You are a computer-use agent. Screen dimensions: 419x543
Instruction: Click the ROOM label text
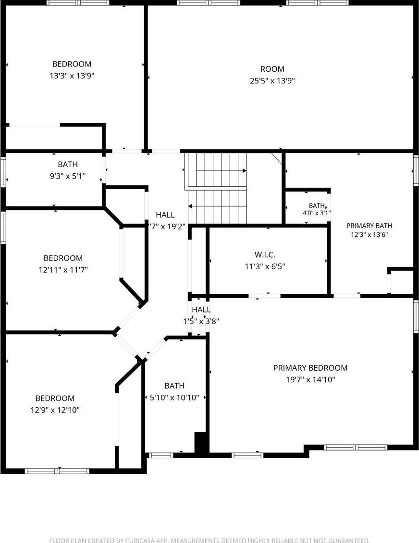[x=272, y=69]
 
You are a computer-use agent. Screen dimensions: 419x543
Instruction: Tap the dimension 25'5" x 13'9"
[x=272, y=81]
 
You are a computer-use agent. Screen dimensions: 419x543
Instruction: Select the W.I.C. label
[x=265, y=255]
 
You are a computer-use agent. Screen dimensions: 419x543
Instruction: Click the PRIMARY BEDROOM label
[x=310, y=368]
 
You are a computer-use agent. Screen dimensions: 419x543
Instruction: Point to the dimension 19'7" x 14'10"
[x=310, y=379]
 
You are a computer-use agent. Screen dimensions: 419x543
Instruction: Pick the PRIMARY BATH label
[x=369, y=226]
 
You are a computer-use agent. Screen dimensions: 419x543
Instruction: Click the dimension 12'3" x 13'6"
[x=369, y=235]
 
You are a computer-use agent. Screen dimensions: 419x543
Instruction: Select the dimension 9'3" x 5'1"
[x=68, y=176]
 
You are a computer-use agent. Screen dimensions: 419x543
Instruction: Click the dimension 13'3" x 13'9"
[x=72, y=76]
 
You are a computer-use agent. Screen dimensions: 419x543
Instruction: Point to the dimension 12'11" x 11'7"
[x=63, y=270]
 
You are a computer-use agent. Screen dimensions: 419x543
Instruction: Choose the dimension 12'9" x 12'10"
[x=55, y=410]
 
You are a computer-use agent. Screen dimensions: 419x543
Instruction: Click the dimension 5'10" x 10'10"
[x=174, y=398]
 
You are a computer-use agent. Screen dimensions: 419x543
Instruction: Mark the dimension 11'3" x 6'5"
[x=265, y=267]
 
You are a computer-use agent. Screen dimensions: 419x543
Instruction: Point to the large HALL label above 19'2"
[x=165, y=215]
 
